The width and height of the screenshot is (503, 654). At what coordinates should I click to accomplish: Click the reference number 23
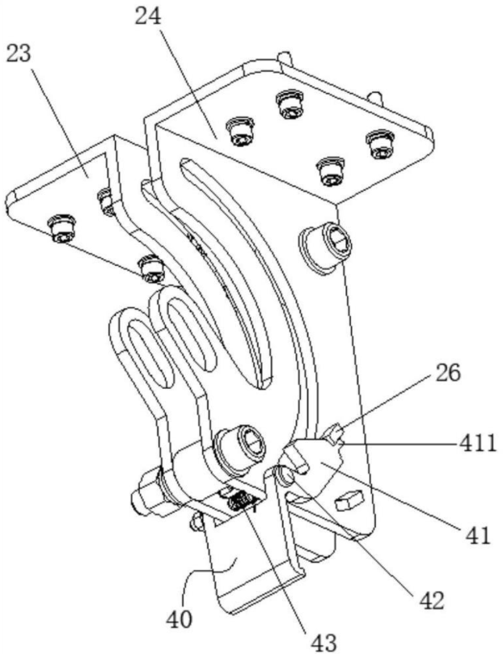(19, 54)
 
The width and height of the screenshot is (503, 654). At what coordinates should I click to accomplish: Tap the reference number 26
(448, 373)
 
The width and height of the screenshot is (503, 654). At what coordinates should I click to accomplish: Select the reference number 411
(478, 443)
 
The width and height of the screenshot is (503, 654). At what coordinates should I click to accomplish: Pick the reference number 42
(430, 601)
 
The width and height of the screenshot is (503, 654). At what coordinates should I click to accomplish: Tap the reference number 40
(180, 619)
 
